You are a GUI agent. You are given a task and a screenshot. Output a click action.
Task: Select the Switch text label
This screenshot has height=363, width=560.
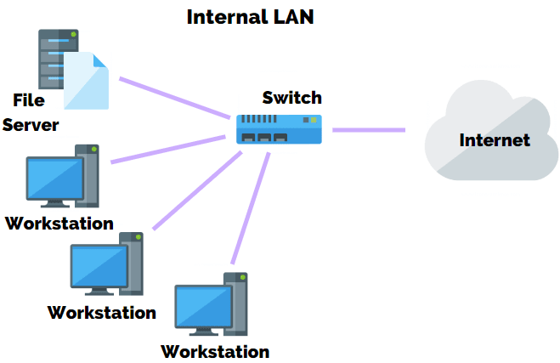(291, 97)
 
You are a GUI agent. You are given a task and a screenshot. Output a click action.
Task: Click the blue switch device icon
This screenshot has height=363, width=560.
(279, 128)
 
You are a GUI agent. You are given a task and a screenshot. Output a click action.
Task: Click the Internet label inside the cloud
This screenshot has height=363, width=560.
(495, 140)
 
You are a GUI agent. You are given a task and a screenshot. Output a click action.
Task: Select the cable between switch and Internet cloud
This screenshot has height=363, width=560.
(369, 130)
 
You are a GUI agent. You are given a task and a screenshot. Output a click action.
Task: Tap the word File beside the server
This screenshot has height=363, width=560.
(28, 100)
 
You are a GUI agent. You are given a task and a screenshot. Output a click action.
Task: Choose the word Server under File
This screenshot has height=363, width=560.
(31, 125)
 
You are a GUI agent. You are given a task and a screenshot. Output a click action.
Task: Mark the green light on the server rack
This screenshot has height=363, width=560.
(74, 35)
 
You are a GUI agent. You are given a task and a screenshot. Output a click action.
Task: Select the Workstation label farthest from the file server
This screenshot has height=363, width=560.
(215, 351)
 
